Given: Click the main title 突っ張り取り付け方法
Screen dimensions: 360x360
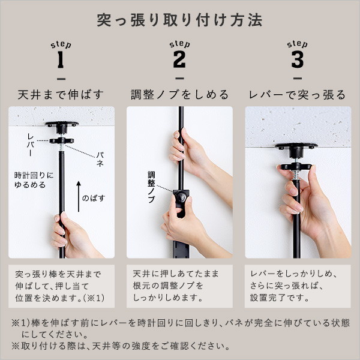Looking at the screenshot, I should click(179, 20).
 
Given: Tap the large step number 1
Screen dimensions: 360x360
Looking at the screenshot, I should click(61, 61).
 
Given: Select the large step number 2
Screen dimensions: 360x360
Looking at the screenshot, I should click(179, 61).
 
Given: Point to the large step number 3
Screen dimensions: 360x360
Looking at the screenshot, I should click(297, 61).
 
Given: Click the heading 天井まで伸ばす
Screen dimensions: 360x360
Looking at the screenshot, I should click(61, 95).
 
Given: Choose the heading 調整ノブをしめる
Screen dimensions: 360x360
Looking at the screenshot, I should click(179, 95).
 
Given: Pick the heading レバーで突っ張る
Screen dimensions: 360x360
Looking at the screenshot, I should click(298, 95).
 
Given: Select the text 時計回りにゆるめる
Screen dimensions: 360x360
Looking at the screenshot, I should click(34, 179).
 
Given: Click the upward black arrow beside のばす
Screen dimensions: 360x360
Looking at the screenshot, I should click(78, 194).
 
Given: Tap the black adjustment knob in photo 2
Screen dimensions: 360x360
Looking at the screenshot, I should click(180, 196).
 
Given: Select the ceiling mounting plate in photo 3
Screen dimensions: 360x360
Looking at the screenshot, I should click(296, 146).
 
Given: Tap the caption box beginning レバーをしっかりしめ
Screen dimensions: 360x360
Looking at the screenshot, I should click(298, 284).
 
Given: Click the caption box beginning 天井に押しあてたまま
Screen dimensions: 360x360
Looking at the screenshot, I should click(179, 284).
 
